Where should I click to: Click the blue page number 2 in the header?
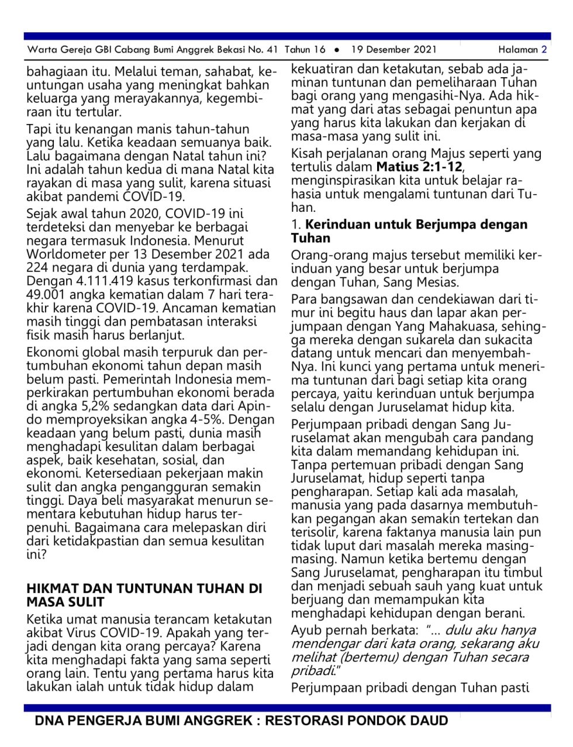pos(544,50)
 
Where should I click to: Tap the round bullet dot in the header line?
pos(337,50)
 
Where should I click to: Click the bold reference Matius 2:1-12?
pos(419,167)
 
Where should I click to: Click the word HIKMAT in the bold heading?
pos(52,588)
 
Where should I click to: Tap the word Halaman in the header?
pos(518,50)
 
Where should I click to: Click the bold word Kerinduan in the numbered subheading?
pos(338,225)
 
